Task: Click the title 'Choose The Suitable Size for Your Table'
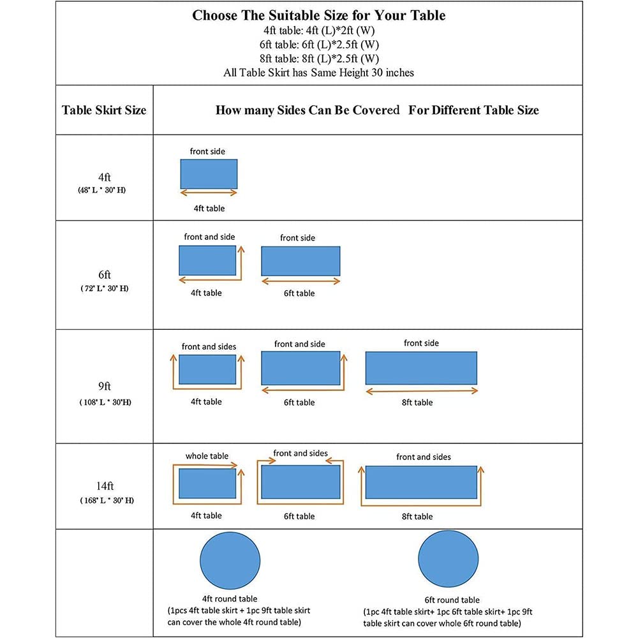click(x=318, y=16)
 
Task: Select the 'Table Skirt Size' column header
click(x=104, y=110)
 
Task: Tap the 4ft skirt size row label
click(x=105, y=178)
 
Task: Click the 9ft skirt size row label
click(x=105, y=386)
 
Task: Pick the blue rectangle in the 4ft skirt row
click(x=209, y=174)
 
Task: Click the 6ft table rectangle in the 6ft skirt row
click(x=300, y=261)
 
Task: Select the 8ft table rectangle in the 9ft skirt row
click(x=421, y=367)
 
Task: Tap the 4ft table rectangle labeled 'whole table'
click(x=207, y=484)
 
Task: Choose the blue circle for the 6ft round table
click(x=449, y=560)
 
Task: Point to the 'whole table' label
click(x=207, y=456)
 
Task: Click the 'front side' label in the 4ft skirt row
click(x=207, y=151)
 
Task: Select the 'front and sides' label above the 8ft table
click(x=423, y=457)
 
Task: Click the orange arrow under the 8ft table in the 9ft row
click(x=421, y=390)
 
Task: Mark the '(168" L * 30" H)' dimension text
click(x=107, y=500)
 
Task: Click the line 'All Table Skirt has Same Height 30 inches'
click(x=318, y=73)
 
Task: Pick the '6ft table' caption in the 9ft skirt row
click(x=299, y=402)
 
